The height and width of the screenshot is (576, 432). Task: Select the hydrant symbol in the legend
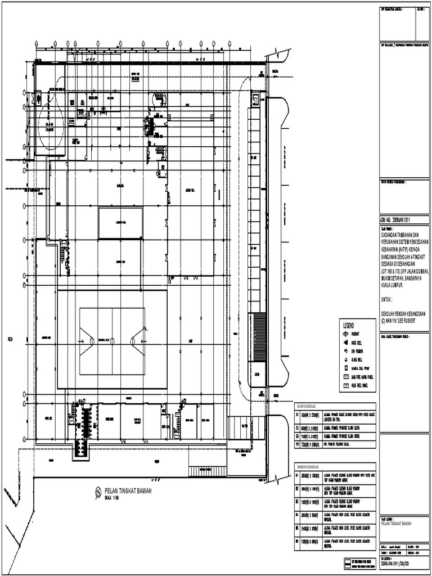(346, 333)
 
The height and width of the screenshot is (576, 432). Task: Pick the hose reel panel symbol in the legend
(346, 386)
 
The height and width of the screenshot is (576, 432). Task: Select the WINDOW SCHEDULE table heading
(308, 466)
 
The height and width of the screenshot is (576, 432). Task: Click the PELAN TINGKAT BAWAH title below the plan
(128, 491)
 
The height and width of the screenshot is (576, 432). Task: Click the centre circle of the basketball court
(112, 341)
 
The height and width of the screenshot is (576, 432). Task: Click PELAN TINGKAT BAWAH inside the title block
(397, 523)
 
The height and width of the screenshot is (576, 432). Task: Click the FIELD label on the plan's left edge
(10, 339)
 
